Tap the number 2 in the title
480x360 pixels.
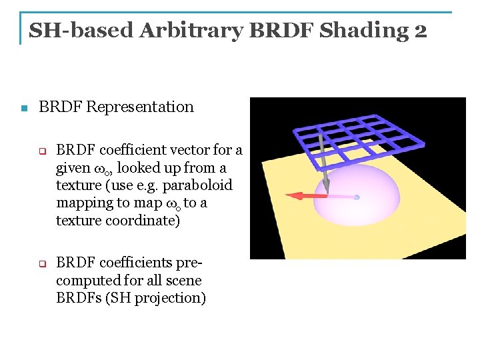click(420, 30)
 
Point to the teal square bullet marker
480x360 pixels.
click(24, 108)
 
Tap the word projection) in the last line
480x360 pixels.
click(170, 298)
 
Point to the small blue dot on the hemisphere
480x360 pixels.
click(357, 197)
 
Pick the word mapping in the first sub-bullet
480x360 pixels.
click(83, 203)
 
